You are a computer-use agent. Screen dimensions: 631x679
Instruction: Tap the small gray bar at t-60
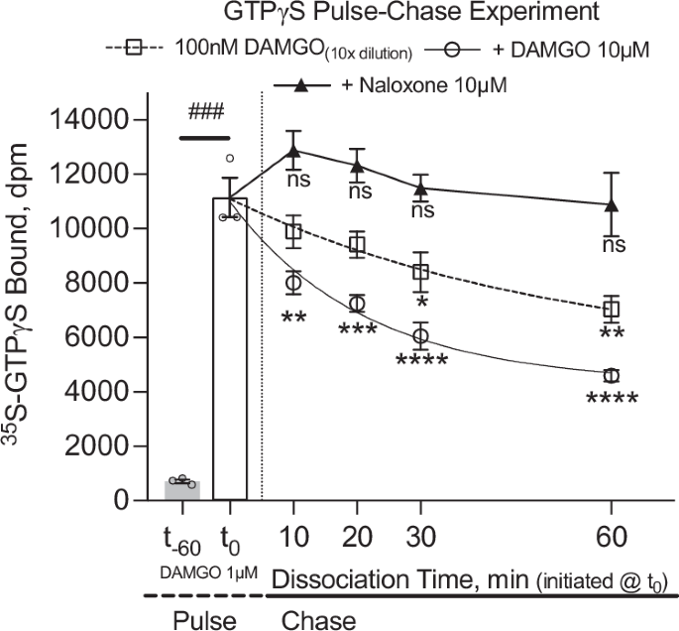click(x=181, y=490)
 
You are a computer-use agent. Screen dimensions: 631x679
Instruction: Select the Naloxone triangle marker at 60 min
click(x=612, y=204)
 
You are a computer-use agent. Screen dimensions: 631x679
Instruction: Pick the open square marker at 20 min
click(x=356, y=244)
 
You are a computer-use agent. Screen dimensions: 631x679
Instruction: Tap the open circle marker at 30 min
click(x=420, y=336)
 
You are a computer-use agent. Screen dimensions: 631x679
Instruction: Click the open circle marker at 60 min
click(x=612, y=375)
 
